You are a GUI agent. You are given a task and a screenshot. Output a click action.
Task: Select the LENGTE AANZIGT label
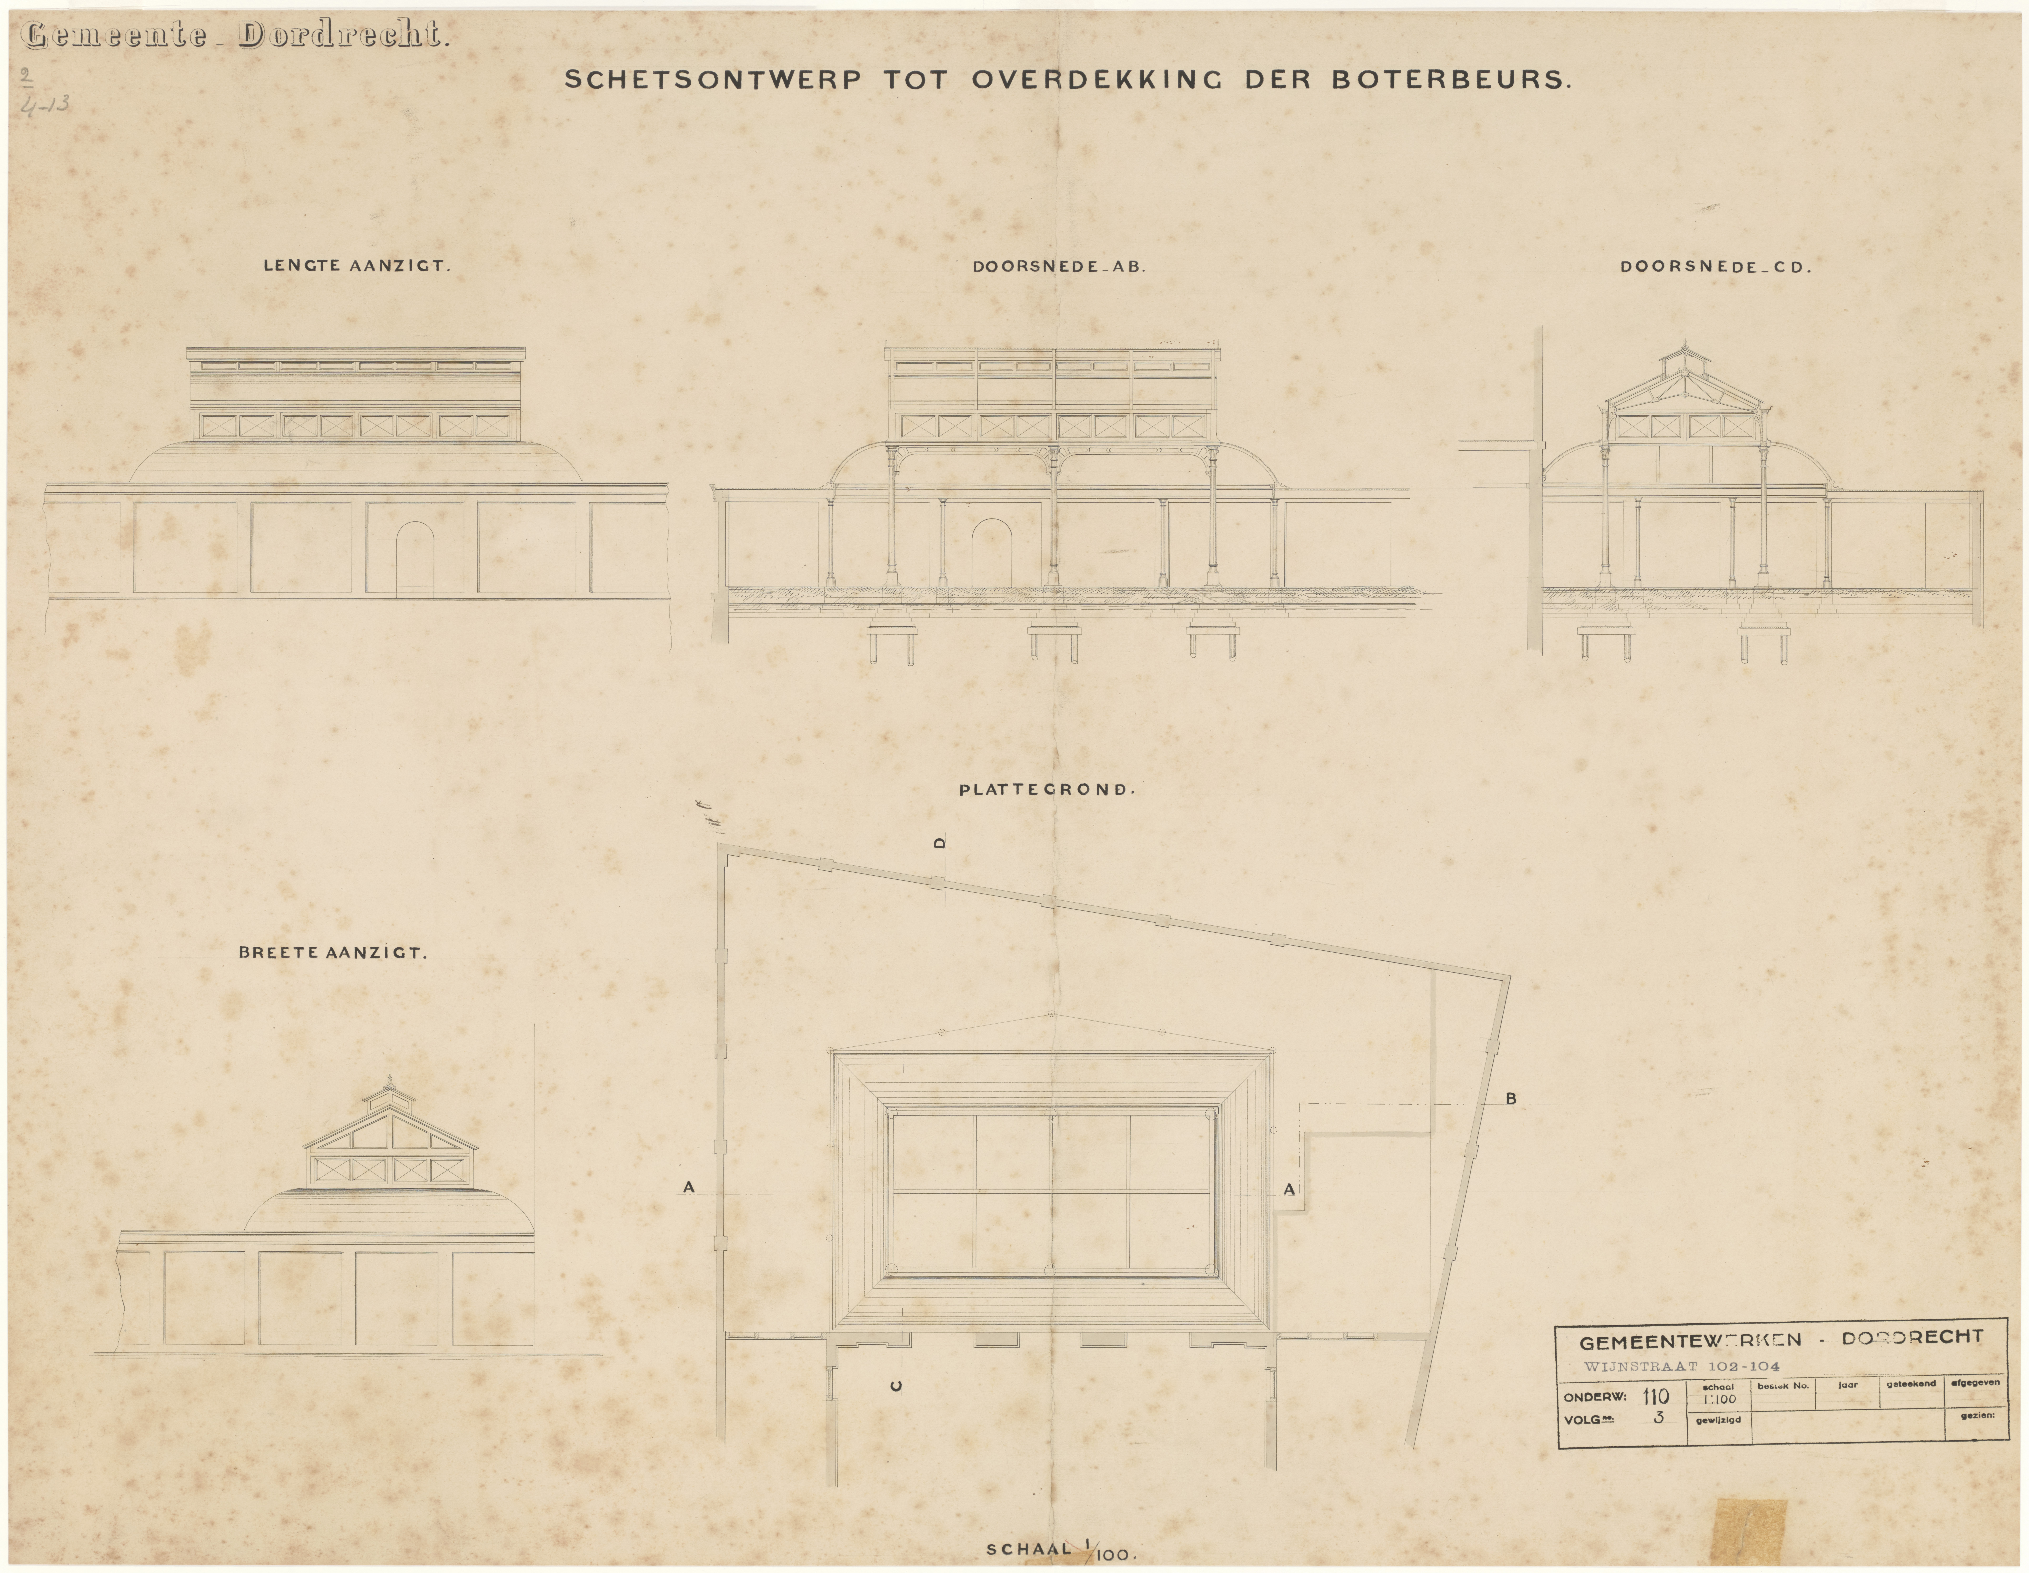(357, 265)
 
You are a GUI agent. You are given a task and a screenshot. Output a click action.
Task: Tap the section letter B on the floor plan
(1510, 1099)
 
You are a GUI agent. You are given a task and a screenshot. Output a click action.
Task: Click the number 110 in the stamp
(1656, 1397)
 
